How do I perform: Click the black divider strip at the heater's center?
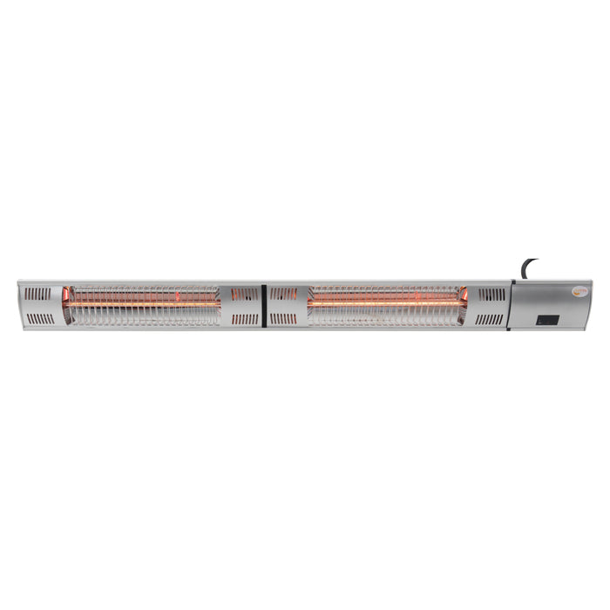pyautogui.click(x=263, y=305)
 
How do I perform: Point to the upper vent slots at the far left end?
pyautogui.click(x=39, y=294)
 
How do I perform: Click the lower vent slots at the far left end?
pyautogui.click(x=39, y=317)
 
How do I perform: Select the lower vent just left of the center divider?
pyautogui.click(x=246, y=318)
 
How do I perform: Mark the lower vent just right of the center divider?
pyautogui.click(x=283, y=318)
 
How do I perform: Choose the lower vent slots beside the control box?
pyautogui.click(x=491, y=318)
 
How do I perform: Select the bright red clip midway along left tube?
pyautogui.click(x=178, y=300)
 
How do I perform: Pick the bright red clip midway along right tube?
pyautogui.click(x=417, y=300)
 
